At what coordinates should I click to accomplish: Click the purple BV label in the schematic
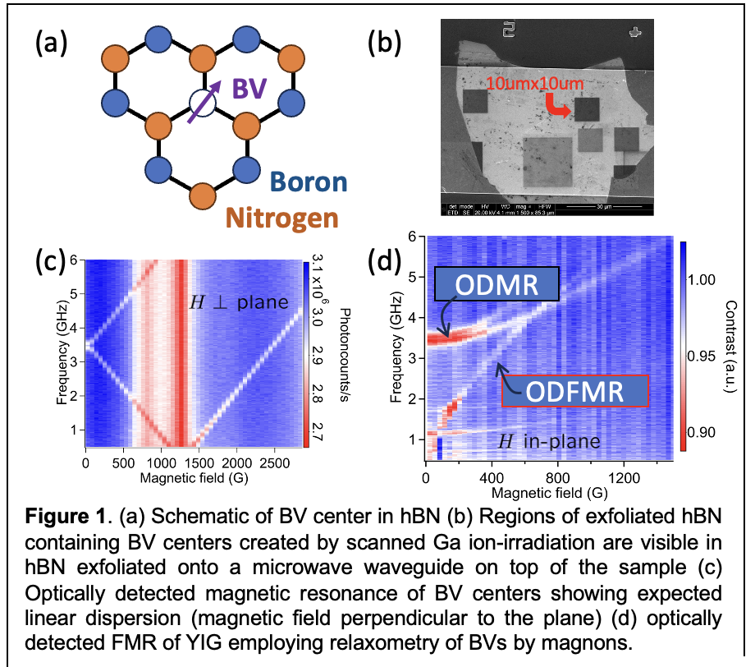tap(250, 89)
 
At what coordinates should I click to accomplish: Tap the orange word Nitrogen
tap(282, 217)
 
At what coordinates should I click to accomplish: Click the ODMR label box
tap(496, 284)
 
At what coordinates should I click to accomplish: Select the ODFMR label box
tap(574, 390)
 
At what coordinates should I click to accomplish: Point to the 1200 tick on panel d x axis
tap(625, 477)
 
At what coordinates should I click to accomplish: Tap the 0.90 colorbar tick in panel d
tap(707, 432)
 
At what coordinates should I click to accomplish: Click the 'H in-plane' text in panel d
tap(550, 441)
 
